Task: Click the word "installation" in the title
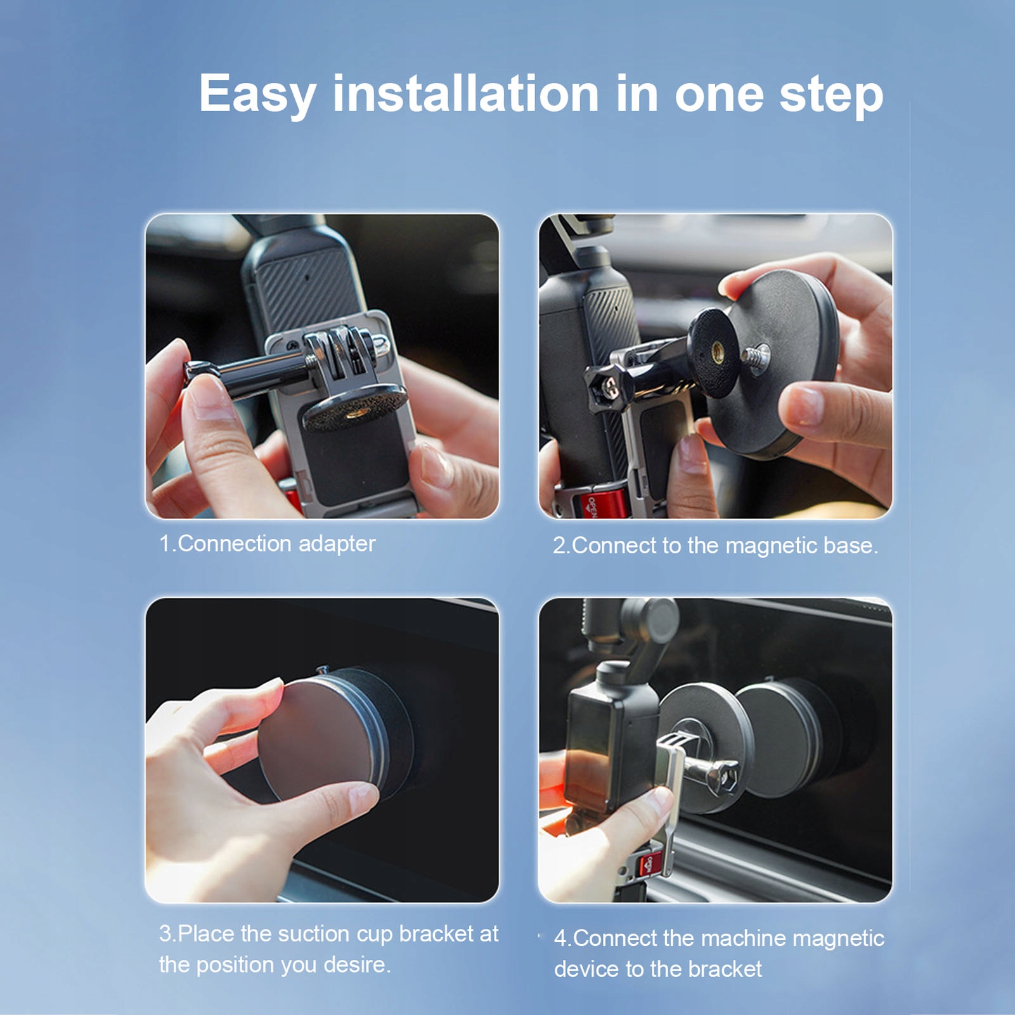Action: tap(466, 93)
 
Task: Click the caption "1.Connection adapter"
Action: tap(267, 543)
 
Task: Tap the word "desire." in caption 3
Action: tap(358, 964)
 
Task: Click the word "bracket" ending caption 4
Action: tap(725, 969)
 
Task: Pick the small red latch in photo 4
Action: tap(649, 863)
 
